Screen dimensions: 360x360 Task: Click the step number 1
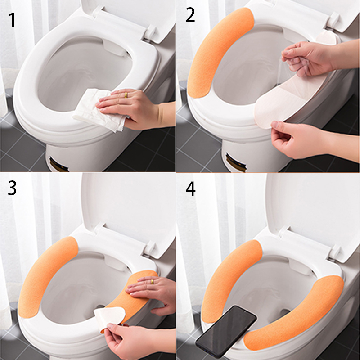(12, 20)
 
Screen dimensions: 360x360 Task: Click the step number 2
(190, 15)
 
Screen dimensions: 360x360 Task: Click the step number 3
(12, 188)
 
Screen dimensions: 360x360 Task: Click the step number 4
(190, 189)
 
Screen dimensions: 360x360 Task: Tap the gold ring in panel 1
(126, 95)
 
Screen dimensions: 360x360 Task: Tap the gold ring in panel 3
(152, 282)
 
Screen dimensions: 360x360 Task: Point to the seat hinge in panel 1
(150, 31)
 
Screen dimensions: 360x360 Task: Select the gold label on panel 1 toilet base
(58, 165)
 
